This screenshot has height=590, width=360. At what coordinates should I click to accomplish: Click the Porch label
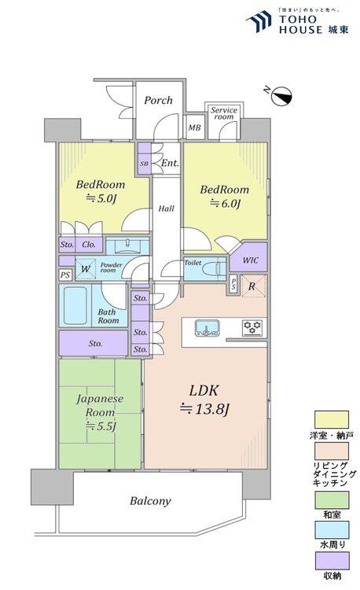coord(158,100)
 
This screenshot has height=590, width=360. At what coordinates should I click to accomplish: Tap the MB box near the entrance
coord(194,126)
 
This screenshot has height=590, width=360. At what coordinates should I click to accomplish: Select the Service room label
coord(223,115)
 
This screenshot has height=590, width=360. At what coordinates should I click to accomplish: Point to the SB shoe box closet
coord(144,164)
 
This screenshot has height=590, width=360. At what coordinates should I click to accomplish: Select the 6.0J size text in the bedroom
coord(224,205)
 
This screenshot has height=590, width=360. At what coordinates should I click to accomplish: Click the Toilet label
coord(194,264)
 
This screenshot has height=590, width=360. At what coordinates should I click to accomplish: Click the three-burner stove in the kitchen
coord(252,326)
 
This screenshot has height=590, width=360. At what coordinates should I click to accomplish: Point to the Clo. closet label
coord(88,245)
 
